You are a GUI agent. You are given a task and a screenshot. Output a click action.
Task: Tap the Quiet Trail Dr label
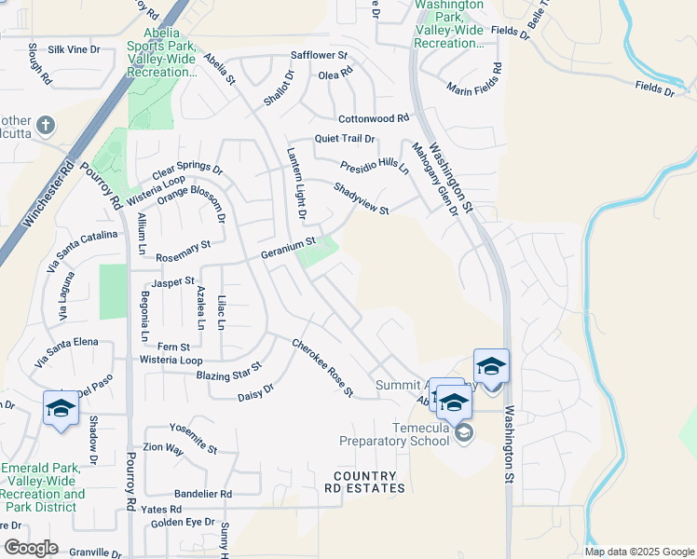(344, 139)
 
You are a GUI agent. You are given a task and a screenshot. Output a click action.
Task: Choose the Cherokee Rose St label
(322, 367)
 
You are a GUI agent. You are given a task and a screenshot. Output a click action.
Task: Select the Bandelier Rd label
(203, 493)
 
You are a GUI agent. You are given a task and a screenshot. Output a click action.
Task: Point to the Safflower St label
(319, 56)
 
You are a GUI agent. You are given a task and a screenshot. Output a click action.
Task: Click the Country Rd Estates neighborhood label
(364, 482)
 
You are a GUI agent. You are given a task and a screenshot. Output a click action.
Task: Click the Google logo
(30, 548)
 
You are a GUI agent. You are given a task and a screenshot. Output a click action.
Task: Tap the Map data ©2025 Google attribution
(639, 552)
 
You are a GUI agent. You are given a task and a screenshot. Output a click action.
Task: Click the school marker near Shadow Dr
(61, 408)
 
